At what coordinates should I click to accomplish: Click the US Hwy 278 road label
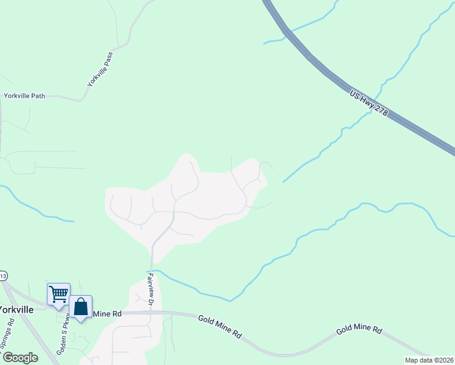tap(369, 105)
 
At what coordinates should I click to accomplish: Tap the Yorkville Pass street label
tap(100, 68)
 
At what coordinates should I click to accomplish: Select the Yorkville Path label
tap(24, 96)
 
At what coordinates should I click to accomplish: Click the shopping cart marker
tap(58, 294)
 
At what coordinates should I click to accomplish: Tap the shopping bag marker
tap(80, 307)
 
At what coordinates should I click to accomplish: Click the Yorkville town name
tap(16, 310)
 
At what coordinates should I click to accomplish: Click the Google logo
tap(19, 358)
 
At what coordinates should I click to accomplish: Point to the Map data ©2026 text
tap(429, 360)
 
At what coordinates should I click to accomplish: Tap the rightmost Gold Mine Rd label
tap(359, 330)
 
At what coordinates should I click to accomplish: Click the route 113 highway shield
tap(2, 275)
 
